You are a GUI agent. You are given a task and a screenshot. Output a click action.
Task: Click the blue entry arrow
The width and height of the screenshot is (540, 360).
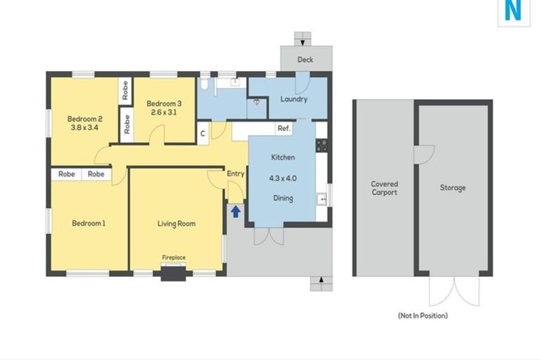236,212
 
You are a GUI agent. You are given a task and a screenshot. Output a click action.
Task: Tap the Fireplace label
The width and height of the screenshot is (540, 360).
174,257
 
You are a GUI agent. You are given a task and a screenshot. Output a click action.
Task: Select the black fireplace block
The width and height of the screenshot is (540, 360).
173,274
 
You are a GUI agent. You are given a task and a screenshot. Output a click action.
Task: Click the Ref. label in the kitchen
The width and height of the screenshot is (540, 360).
284,129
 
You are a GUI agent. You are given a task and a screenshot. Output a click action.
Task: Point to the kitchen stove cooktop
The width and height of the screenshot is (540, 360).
321,146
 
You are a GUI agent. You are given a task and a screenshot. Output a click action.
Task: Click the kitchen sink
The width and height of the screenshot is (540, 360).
322,199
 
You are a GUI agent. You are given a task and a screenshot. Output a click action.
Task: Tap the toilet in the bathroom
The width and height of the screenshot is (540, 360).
204,84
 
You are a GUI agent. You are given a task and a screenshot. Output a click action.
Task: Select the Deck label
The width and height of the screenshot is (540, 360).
305,60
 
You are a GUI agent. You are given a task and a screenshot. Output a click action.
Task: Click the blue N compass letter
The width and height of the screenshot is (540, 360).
513,11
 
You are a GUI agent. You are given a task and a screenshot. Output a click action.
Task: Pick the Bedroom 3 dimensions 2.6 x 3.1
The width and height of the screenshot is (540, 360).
164,112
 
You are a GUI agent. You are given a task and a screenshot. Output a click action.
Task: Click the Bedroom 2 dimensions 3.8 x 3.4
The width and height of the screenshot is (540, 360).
84,127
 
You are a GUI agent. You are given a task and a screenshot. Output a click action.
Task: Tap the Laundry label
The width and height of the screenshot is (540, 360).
294,99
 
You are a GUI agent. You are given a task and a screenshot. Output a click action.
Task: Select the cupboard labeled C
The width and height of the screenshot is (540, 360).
202,134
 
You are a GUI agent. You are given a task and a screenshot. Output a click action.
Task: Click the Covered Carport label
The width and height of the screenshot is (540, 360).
385,188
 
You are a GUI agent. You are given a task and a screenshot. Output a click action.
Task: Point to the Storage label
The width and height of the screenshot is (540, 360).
453,188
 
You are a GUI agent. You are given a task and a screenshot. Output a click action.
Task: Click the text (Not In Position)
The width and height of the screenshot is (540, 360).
423,316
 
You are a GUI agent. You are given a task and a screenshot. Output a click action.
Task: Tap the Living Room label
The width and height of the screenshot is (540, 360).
176,224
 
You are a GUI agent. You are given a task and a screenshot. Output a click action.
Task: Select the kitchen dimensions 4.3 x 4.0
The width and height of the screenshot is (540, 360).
283,179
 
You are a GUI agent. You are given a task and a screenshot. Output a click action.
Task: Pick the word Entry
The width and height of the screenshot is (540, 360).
236,174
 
